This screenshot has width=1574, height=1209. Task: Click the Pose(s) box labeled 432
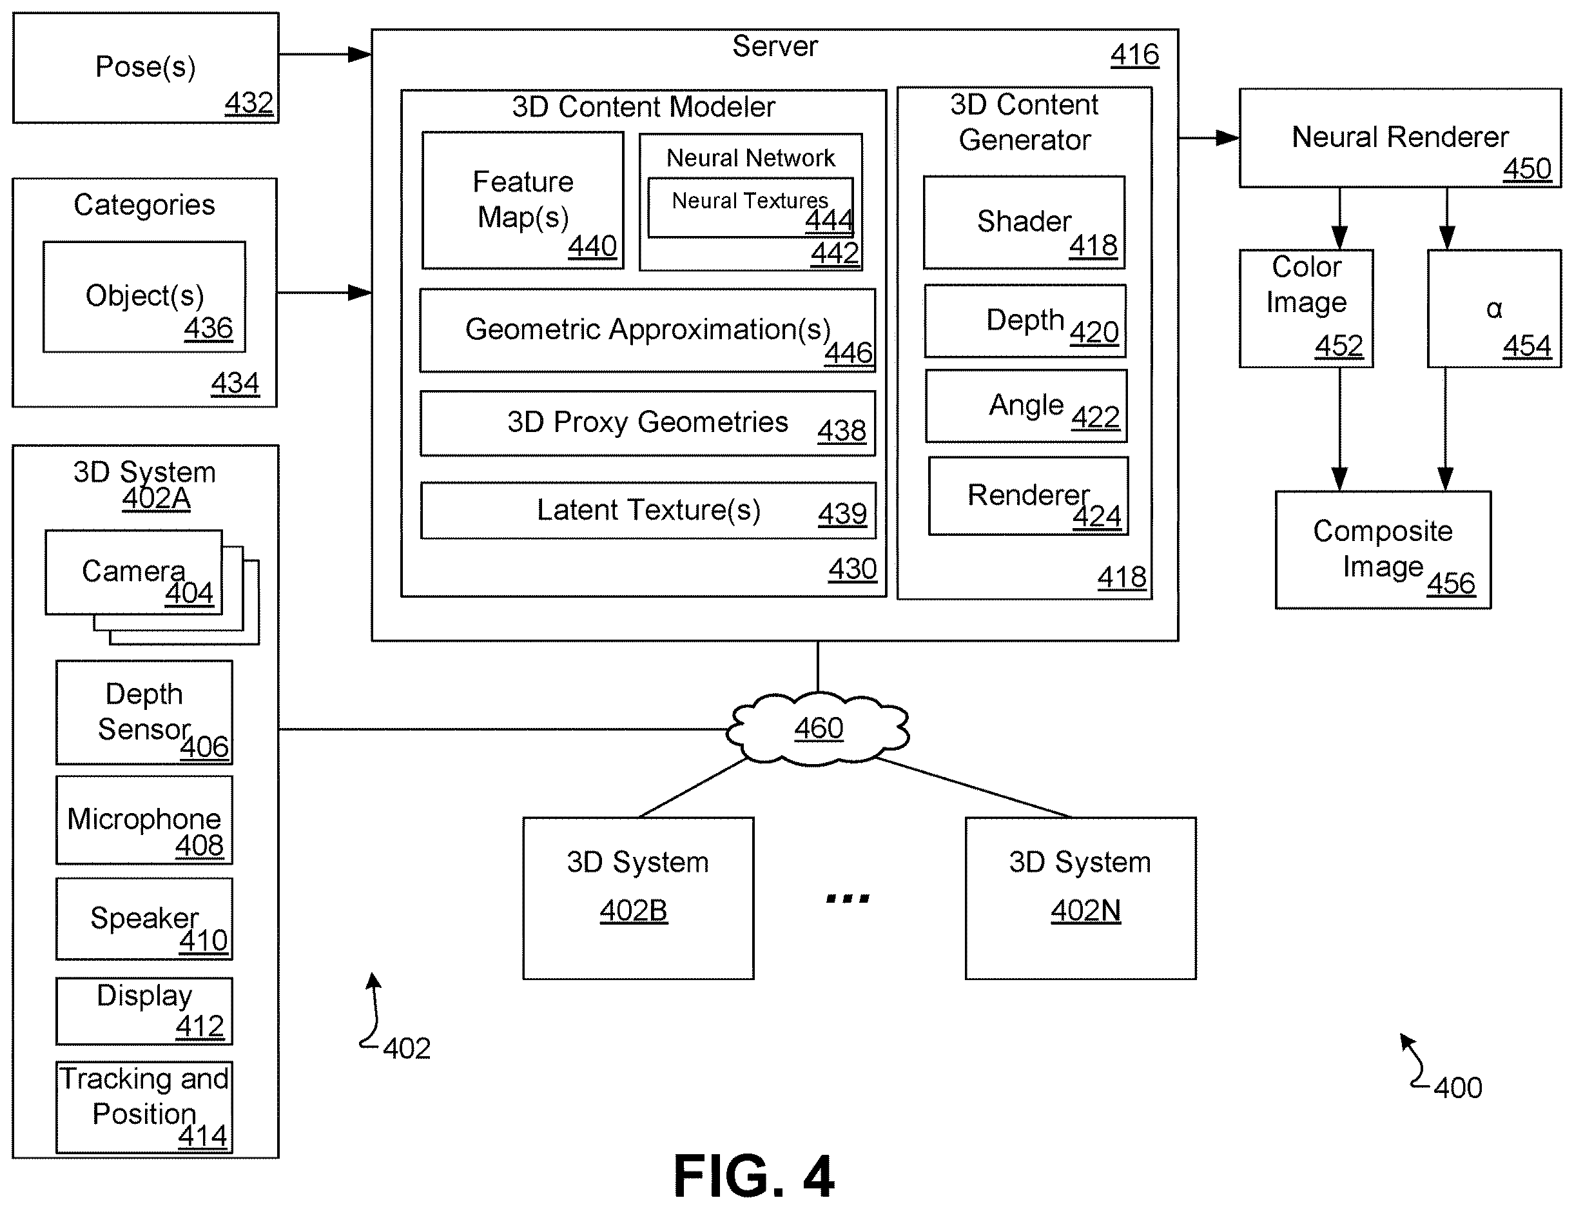coord(145,68)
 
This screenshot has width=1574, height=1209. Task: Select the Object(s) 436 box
coord(144,297)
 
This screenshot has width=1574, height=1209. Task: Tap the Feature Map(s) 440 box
coord(523,200)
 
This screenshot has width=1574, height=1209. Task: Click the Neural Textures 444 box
coord(750,207)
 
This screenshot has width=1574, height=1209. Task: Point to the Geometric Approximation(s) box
coord(647,330)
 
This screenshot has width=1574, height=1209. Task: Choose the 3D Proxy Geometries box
coord(647,423)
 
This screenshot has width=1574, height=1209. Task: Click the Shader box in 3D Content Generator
coord(1024,222)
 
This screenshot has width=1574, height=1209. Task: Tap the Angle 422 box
coord(1026,406)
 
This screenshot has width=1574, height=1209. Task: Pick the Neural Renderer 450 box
coord(1400,138)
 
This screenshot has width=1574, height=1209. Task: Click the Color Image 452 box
coord(1307,309)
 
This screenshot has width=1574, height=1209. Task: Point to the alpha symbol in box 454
coord(1494,309)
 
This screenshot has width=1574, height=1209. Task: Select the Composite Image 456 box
coord(1383,550)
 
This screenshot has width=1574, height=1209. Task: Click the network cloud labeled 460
coord(818,727)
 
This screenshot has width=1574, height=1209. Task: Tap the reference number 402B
coord(634,911)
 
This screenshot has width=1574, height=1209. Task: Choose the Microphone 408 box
coord(144,820)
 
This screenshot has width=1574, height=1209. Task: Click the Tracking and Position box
coord(144,1107)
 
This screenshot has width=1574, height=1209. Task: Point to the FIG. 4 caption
coord(754,1174)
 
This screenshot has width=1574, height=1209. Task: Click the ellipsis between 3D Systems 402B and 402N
coord(848,898)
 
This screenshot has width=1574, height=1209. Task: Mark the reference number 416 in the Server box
coord(1134,55)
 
